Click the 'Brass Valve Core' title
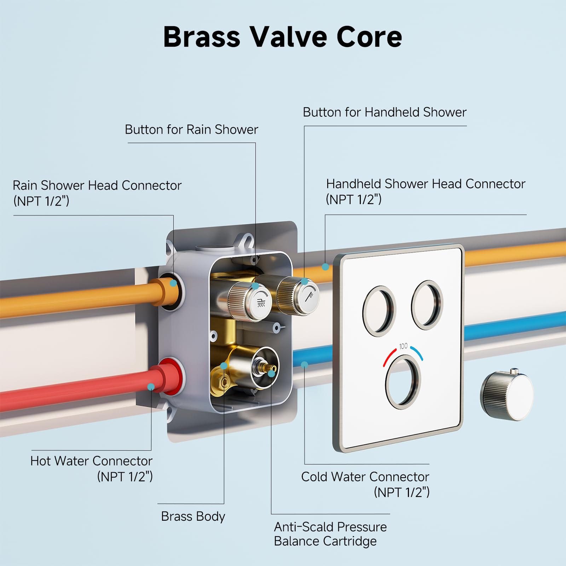tap(282, 37)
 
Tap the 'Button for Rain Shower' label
tap(191, 129)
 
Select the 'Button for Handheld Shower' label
tap(385, 112)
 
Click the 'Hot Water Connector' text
tap(91, 461)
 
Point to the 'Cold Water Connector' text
tap(365, 477)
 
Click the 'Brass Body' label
tap(193, 516)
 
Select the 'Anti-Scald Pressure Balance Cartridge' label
tap(330, 534)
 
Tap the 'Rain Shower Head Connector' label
tap(97, 185)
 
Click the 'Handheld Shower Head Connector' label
tap(426, 184)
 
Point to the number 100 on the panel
tap(403, 346)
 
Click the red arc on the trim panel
tap(389, 357)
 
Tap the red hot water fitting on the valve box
tap(172, 377)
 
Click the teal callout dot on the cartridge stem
tap(271, 373)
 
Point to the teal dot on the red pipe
tap(151, 387)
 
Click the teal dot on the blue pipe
tap(304, 364)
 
